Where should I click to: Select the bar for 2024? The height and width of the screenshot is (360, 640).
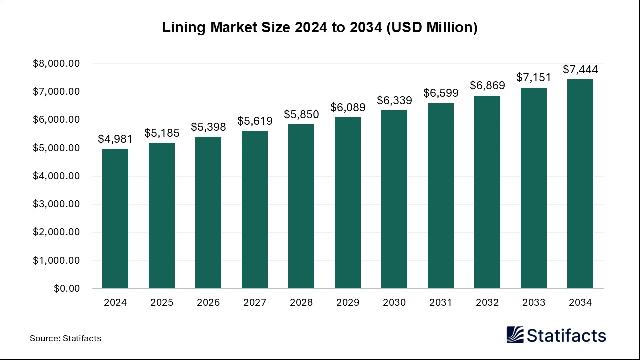tap(115, 219)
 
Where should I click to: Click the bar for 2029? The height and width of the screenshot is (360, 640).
tap(348, 203)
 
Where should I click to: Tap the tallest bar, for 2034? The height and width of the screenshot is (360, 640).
tap(580, 184)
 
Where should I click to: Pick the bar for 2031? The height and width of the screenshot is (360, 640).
tap(441, 196)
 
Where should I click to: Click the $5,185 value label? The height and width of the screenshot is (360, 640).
tap(162, 133)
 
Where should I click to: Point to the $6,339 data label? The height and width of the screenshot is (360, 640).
tap(394, 101)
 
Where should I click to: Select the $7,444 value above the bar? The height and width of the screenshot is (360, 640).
tap(580, 70)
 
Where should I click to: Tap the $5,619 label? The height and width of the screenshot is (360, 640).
tap(255, 121)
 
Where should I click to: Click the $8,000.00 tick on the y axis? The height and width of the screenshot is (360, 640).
tap(56, 64)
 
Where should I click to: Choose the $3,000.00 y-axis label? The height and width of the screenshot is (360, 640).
tap(56, 204)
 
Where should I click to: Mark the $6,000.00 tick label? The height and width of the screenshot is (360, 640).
tap(56, 120)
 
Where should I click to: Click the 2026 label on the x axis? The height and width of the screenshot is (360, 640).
tap(208, 303)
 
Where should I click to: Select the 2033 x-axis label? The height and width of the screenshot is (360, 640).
tap(534, 303)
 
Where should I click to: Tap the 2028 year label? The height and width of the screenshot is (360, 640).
tap(301, 303)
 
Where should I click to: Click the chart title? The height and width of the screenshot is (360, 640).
tap(320, 28)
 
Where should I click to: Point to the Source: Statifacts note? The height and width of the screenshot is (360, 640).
tap(65, 338)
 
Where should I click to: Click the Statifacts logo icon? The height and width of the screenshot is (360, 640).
tap(515, 335)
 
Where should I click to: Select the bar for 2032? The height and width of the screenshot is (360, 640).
tap(487, 192)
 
